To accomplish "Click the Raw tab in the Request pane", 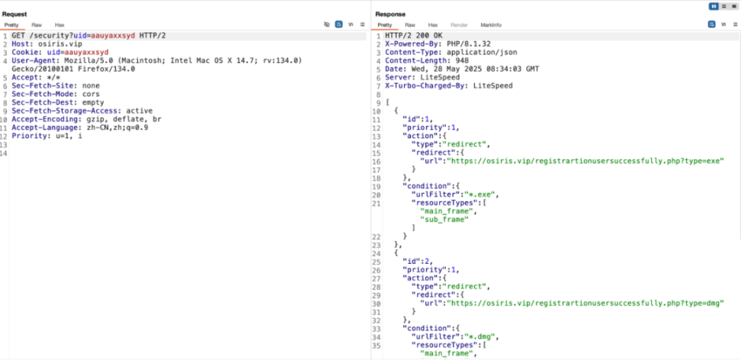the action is point(37,24).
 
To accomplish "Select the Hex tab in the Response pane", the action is point(433,24).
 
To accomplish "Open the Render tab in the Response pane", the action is point(458,24).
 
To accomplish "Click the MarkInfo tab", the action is point(491,24).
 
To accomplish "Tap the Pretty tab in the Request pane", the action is point(11,24).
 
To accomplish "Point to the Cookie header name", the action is point(23,52).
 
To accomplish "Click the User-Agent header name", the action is point(30,60).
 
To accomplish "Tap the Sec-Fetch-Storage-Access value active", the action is point(140,111).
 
